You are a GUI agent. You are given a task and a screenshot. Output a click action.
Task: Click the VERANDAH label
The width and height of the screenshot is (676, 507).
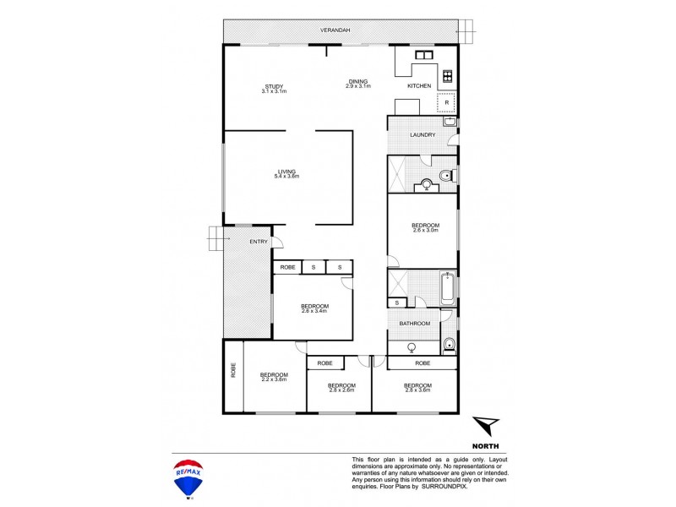click(x=335, y=30)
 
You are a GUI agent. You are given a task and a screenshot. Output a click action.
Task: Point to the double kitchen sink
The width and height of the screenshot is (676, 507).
click(x=420, y=57)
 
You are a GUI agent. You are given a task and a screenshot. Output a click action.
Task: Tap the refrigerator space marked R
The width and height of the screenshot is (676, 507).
click(x=445, y=102)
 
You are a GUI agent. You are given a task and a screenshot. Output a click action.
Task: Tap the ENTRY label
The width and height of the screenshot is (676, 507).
click(x=258, y=243)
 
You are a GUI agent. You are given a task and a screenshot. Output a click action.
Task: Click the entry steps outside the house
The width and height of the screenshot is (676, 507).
click(x=216, y=241)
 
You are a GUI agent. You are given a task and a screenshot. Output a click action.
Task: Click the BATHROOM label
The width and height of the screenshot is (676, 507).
click(x=415, y=323)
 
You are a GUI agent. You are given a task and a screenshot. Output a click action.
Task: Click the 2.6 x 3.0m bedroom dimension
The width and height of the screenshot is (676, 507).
click(x=424, y=230)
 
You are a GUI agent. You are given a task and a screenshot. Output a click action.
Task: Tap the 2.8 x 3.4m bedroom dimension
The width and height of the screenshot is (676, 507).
click(x=313, y=311)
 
